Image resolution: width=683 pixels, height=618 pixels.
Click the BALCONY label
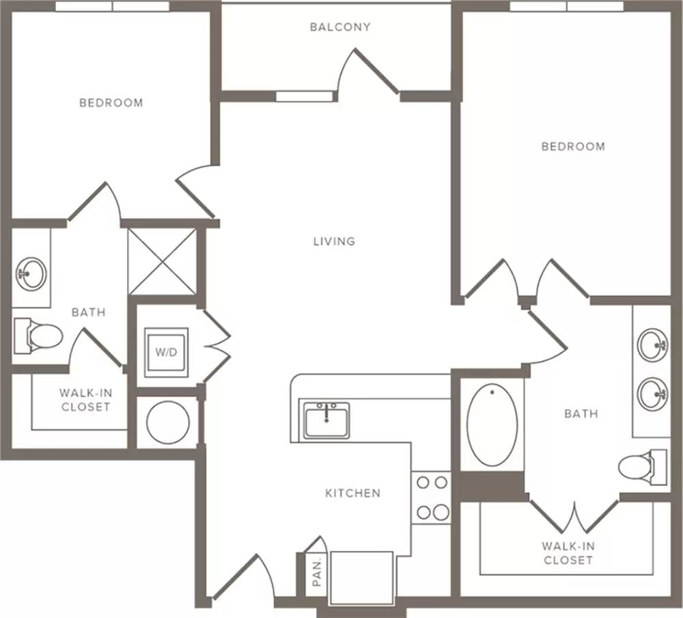pos(340,27)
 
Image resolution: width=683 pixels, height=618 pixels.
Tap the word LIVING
pos(334,241)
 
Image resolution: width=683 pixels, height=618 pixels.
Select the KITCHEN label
pos(353,493)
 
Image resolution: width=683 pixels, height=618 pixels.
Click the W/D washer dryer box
pos(167,352)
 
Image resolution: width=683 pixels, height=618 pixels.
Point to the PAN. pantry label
pos(317,572)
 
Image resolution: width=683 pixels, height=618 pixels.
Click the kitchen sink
pos(326,420)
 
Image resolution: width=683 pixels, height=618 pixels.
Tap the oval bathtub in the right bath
pos(492,425)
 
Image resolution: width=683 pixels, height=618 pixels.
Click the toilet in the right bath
pos(643,467)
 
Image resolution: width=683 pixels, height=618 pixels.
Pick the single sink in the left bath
pos(31,274)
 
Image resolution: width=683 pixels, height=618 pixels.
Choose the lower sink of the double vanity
pos(652,394)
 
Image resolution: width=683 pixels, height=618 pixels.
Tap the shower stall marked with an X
pos(162,262)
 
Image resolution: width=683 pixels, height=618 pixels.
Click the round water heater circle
pos(168,422)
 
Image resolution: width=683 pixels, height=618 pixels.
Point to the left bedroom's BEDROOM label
pos(111,103)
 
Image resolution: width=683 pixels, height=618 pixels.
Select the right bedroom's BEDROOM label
pos(573,146)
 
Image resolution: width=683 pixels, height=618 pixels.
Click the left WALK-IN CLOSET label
pos(86,400)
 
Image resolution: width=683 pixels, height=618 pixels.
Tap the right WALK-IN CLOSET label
pos(568,553)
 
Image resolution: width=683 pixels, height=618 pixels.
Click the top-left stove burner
pos(423,483)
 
